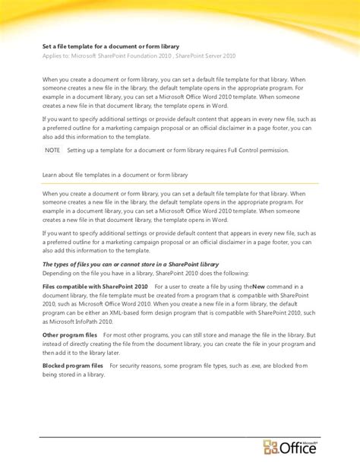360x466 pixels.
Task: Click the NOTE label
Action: [52, 151]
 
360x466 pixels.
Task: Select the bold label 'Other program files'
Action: [69, 334]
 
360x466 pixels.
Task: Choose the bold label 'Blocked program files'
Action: [73, 366]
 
